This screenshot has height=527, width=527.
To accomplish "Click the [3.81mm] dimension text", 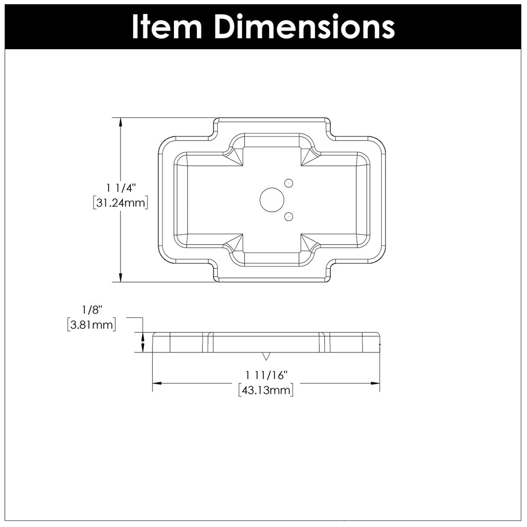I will click(x=92, y=325).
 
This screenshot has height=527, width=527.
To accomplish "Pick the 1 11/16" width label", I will click(x=266, y=375).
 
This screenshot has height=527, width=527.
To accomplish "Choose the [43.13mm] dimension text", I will click(x=266, y=390).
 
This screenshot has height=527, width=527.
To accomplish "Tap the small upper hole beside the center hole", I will click(x=289, y=183).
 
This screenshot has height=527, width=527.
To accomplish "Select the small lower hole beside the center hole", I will click(x=289, y=216).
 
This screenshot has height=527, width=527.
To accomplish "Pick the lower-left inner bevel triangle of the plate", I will click(x=235, y=243).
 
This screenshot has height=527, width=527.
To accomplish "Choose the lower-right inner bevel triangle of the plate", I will click(x=308, y=243).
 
